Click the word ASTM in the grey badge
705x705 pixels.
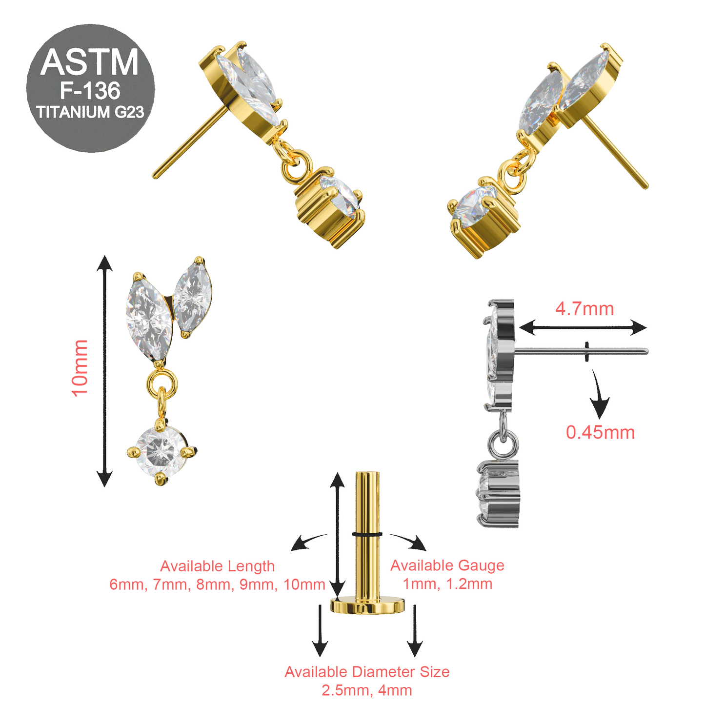coord(90,62)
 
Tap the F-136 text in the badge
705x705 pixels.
coord(90,91)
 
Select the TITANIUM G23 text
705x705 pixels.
coord(90,112)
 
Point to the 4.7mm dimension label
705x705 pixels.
coord(584,309)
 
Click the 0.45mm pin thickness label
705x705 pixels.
coord(600,432)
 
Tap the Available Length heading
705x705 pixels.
coord(217,566)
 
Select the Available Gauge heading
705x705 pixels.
coord(447,565)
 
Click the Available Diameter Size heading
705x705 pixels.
coord(367,672)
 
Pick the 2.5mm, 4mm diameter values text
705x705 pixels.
coord(367,690)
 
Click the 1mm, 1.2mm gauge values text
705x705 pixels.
coord(447,584)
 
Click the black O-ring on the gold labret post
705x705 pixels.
coord(367,534)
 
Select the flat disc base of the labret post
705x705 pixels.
coord(367,605)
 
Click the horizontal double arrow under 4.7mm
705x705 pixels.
coord(583,327)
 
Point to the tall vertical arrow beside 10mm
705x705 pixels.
coord(104,371)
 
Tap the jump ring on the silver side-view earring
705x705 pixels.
coord(503,442)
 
